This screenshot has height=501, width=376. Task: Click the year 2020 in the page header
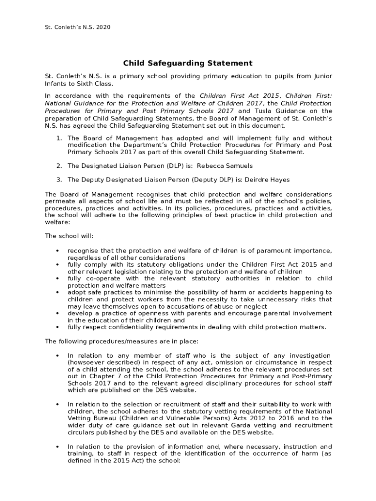pyautogui.click(x=103, y=27)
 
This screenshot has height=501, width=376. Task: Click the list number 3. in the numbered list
pyautogui.click(x=59, y=180)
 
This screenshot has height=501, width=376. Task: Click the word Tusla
pyautogui.click(x=262, y=111)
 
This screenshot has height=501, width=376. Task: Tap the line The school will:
pyautogui.click(x=69, y=236)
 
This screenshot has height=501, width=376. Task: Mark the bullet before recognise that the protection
pyautogui.click(x=58, y=251)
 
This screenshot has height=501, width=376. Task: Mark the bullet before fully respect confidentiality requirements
pyautogui.click(x=58, y=327)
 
